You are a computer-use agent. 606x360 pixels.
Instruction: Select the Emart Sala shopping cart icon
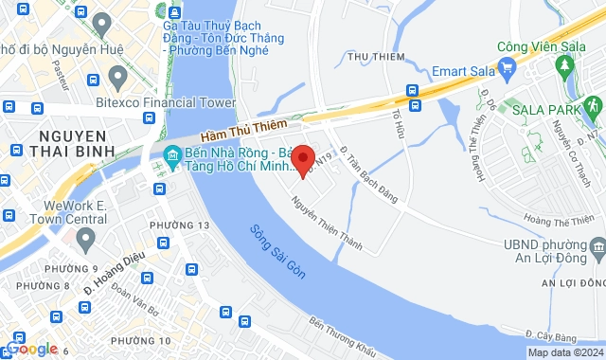(x=507, y=67)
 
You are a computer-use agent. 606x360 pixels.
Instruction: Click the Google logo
(x=32, y=349)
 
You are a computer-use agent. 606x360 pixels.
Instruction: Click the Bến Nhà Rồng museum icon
(x=172, y=155)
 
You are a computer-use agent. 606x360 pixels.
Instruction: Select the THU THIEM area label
(x=370, y=57)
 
